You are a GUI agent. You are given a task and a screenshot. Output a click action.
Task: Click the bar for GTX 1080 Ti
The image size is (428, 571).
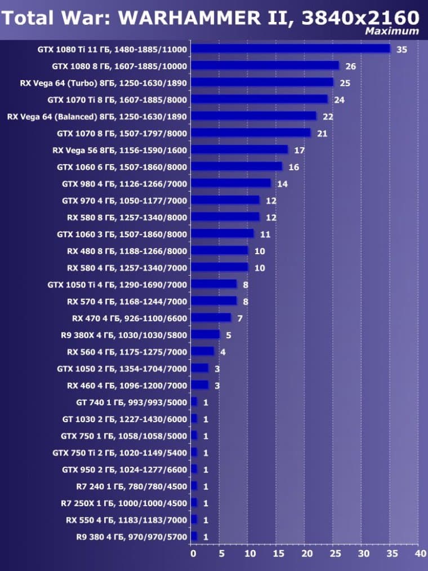pyautogui.click(x=291, y=49)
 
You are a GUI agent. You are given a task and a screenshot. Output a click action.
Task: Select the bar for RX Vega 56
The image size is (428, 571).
pyautogui.click(x=239, y=150)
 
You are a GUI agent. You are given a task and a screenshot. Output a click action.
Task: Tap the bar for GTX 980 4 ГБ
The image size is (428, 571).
pyautogui.click(x=231, y=184)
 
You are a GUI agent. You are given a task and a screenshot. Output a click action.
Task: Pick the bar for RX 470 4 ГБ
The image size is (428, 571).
pyautogui.click(x=211, y=318)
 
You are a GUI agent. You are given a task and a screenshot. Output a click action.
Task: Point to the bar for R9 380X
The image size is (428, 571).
pyautogui.click(x=205, y=335)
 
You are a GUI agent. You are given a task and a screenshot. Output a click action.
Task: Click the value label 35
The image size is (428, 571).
pyautogui.click(x=402, y=50)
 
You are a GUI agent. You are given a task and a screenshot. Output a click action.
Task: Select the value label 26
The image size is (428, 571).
pyautogui.click(x=350, y=67)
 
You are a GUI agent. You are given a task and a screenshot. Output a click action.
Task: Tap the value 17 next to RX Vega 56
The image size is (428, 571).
pyautogui.click(x=299, y=151)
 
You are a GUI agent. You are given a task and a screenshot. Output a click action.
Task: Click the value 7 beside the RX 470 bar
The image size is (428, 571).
pyautogui.click(x=240, y=318)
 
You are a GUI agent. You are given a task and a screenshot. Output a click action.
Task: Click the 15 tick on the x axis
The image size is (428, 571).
pyautogui.click(x=277, y=554)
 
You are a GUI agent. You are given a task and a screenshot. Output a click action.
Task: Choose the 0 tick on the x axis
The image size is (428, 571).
pyautogui.click(x=193, y=554)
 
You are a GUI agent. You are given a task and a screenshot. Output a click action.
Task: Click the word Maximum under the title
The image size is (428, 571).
pyautogui.click(x=392, y=31)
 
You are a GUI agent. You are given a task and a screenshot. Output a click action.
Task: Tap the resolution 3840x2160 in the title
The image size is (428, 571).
pyautogui.click(x=360, y=17)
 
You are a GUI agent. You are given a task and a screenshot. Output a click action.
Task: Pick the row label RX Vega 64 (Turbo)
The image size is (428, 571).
pyautogui.click(x=103, y=83)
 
